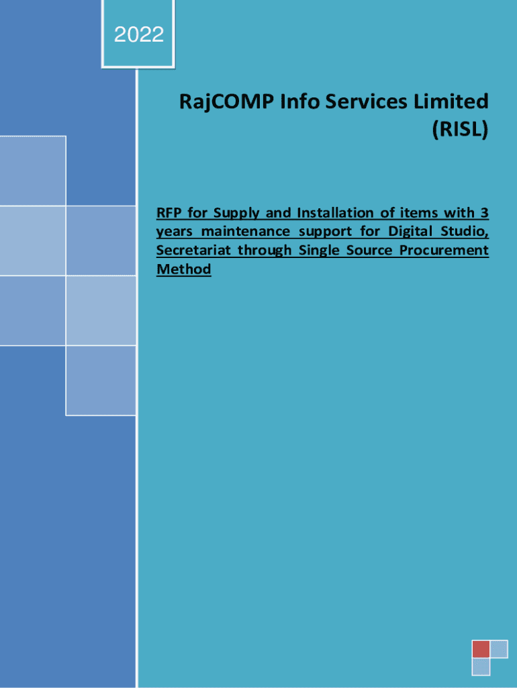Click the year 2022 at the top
point(139,35)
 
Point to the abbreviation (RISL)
point(461,129)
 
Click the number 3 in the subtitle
point(484,213)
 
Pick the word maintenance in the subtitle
point(246,231)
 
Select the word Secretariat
point(193,250)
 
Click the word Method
point(184,269)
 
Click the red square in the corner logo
point(481,650)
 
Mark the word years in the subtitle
point(175,232)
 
